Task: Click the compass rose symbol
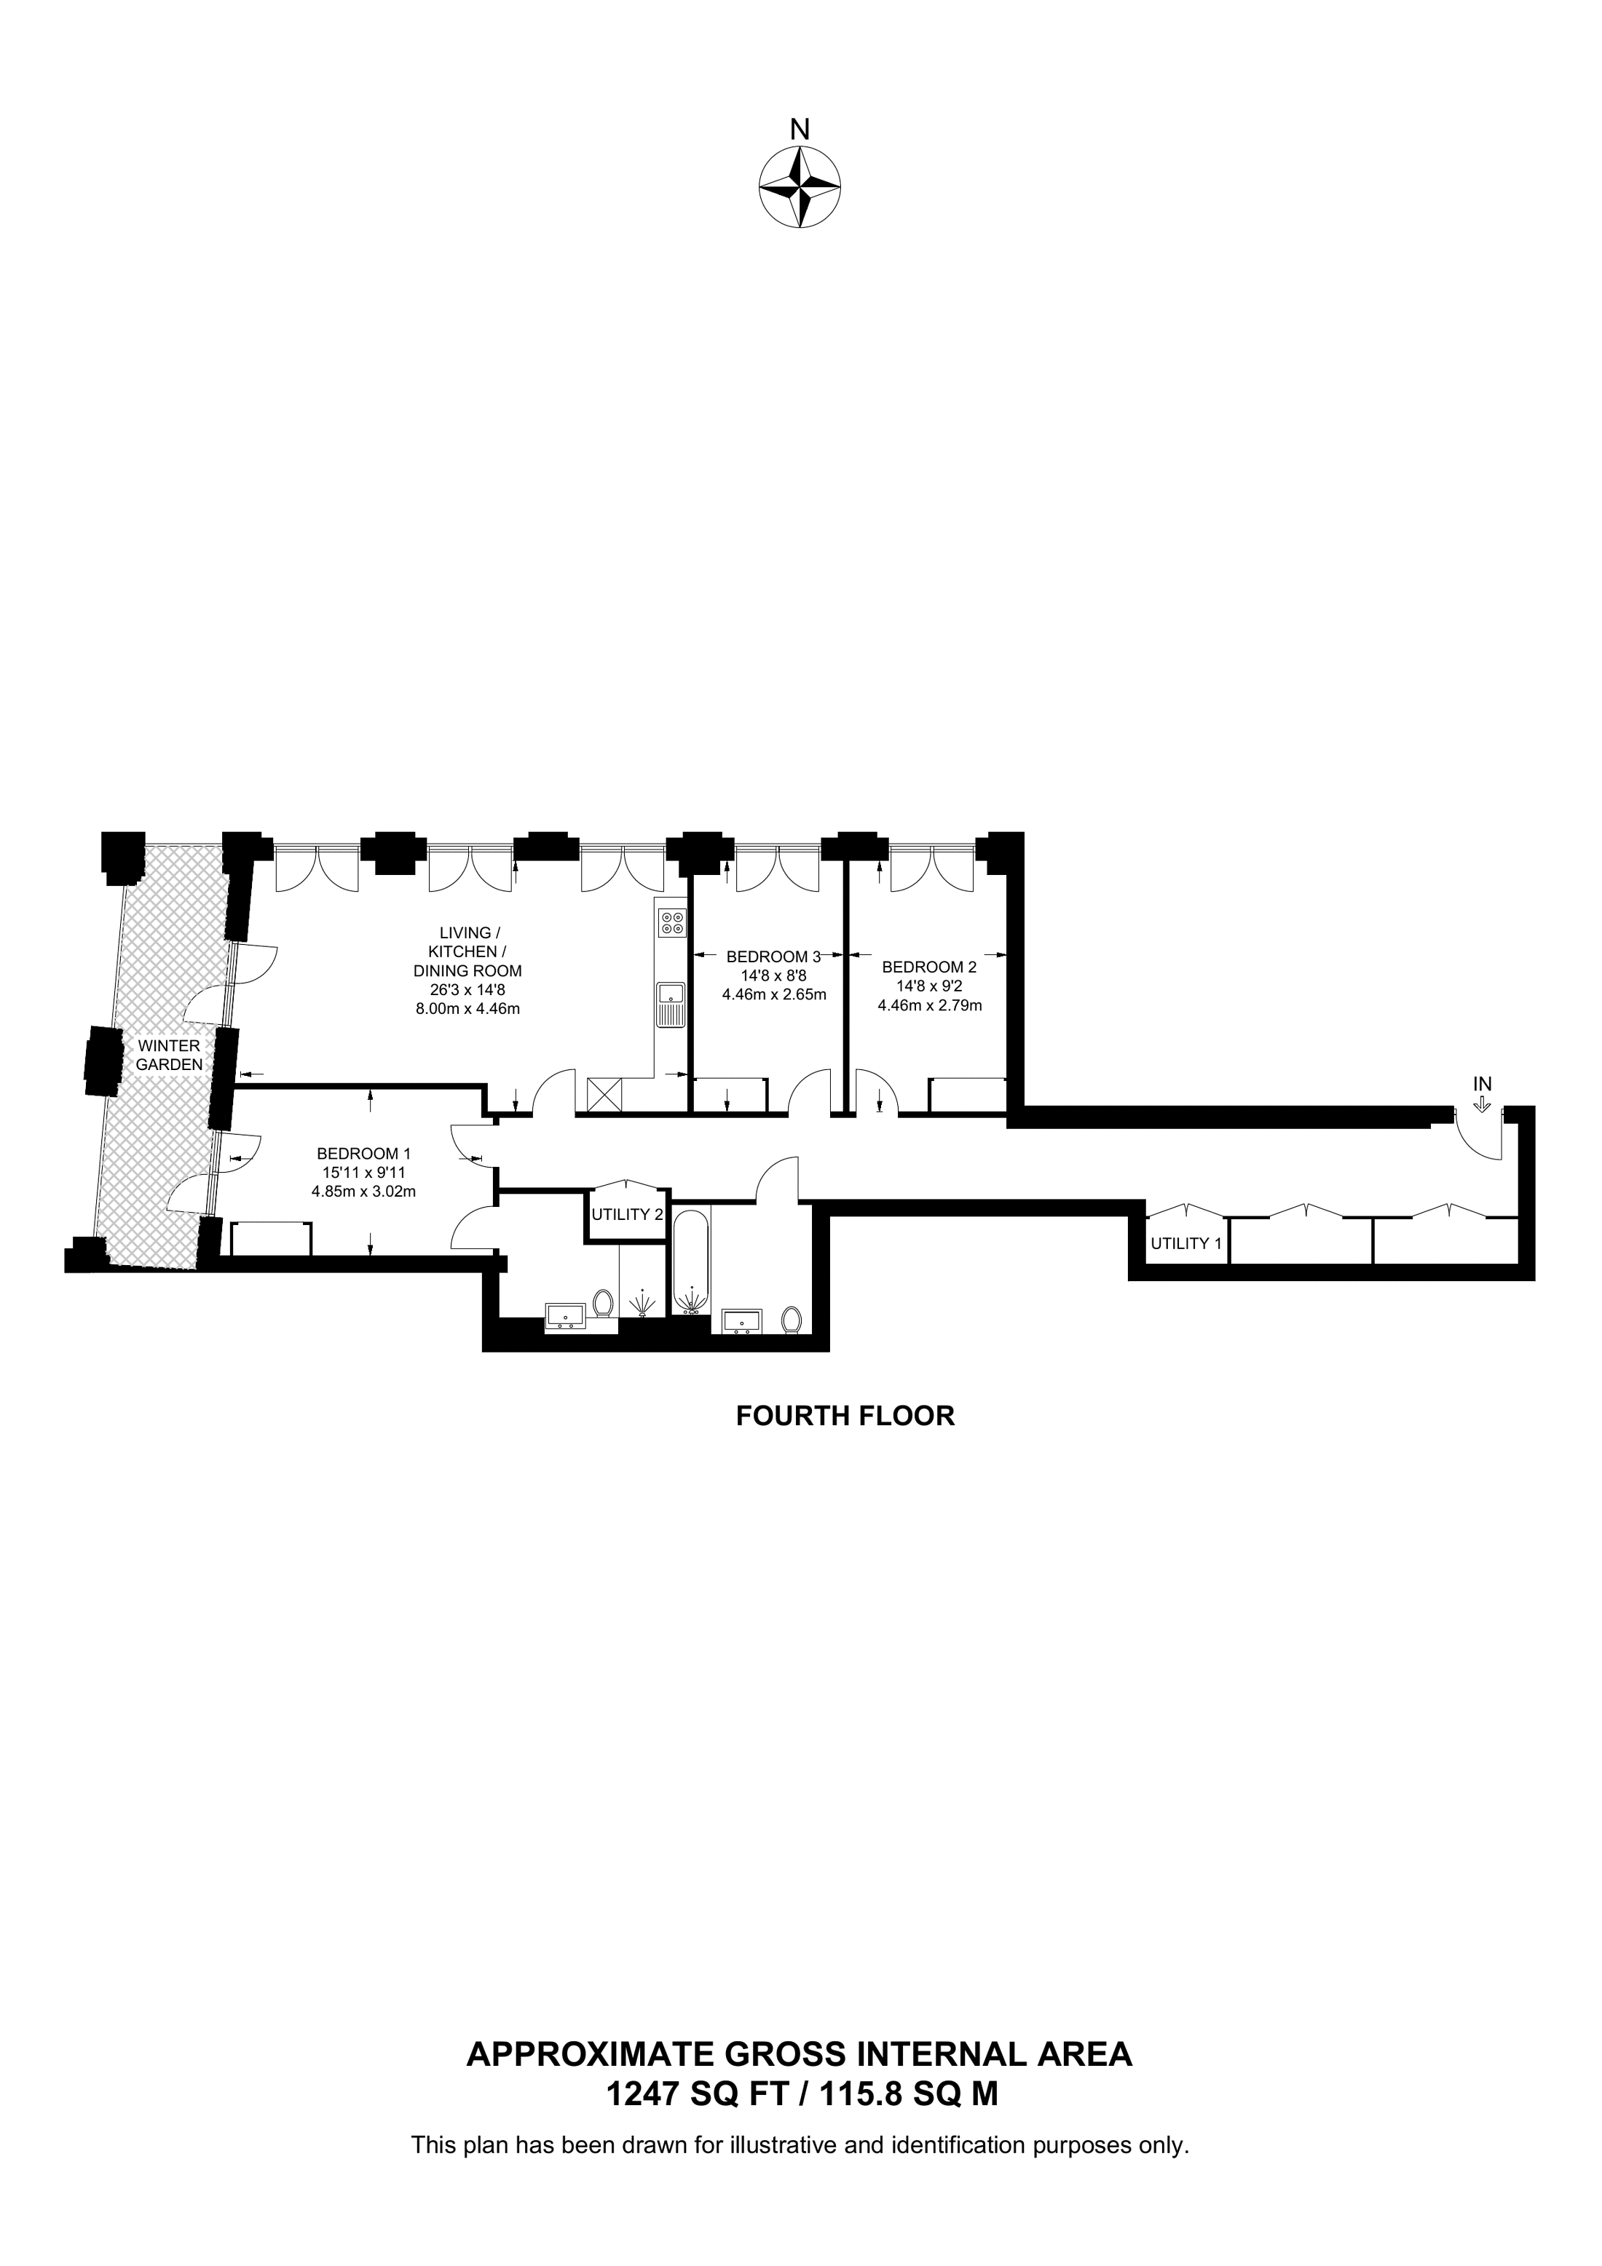pos(800,189)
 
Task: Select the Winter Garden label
pos(169,1055)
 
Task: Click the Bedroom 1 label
pos(363,1153)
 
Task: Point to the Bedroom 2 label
pos(929,967)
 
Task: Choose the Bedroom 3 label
pos(774,956)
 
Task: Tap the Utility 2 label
pos(627,1214)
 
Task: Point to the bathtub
pos(691,1263)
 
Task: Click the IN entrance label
pos(1483,1084)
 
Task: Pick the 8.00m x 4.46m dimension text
pos(467,1009)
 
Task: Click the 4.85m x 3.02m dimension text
pos(363,1191)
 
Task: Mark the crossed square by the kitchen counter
pos(604,1095)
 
